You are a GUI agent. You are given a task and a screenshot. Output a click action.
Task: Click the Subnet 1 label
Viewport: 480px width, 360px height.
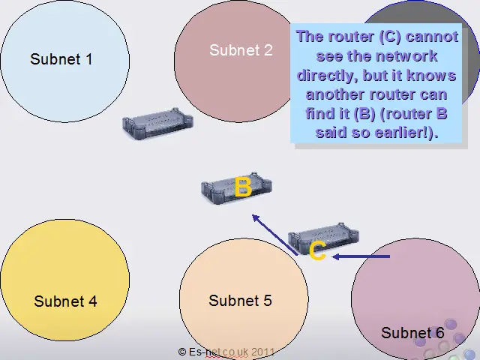pyautogui.click(x=61, y=59)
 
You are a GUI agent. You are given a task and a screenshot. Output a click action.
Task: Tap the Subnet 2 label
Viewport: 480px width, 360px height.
pyautogui.click(x=241, y=50)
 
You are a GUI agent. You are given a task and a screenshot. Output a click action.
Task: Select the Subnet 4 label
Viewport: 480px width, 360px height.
pyautogui.click(x=65, y=301)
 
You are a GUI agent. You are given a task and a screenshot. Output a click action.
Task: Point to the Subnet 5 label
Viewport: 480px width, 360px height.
pyautogui.click(x=240, y=300)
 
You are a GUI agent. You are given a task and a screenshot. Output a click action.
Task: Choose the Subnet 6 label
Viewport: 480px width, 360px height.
pyautogui.click(x=412, y=333)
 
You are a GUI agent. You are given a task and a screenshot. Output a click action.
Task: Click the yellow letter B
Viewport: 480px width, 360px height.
pyautogui.click(x=243, y=187)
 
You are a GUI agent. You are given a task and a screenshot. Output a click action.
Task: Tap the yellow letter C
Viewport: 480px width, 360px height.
pyautogui.click(x=317, y=250)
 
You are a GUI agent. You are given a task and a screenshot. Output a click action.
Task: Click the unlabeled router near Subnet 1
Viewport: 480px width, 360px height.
pyautogui.click(x=157, y=123)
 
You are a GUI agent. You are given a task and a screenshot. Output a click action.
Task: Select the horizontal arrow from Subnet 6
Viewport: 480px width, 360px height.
pyautogui.click(x=361, y=256)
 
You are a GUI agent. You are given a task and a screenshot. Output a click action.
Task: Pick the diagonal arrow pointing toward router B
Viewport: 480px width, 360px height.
pyautogui.click(x=274, y=235)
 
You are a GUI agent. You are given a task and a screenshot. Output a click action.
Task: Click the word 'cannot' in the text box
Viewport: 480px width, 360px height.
pyautogui.click(x=432, y=37)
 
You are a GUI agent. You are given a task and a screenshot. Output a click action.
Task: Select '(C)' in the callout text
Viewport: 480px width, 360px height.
pyautogui.click(x=390, y=37)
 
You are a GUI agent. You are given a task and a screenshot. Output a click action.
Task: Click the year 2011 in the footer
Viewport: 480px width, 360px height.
pyautogui.click(x=263, y=352)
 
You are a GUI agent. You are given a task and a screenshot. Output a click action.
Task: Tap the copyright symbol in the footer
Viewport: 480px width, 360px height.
pyautogui.click(x=181, y=352)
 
